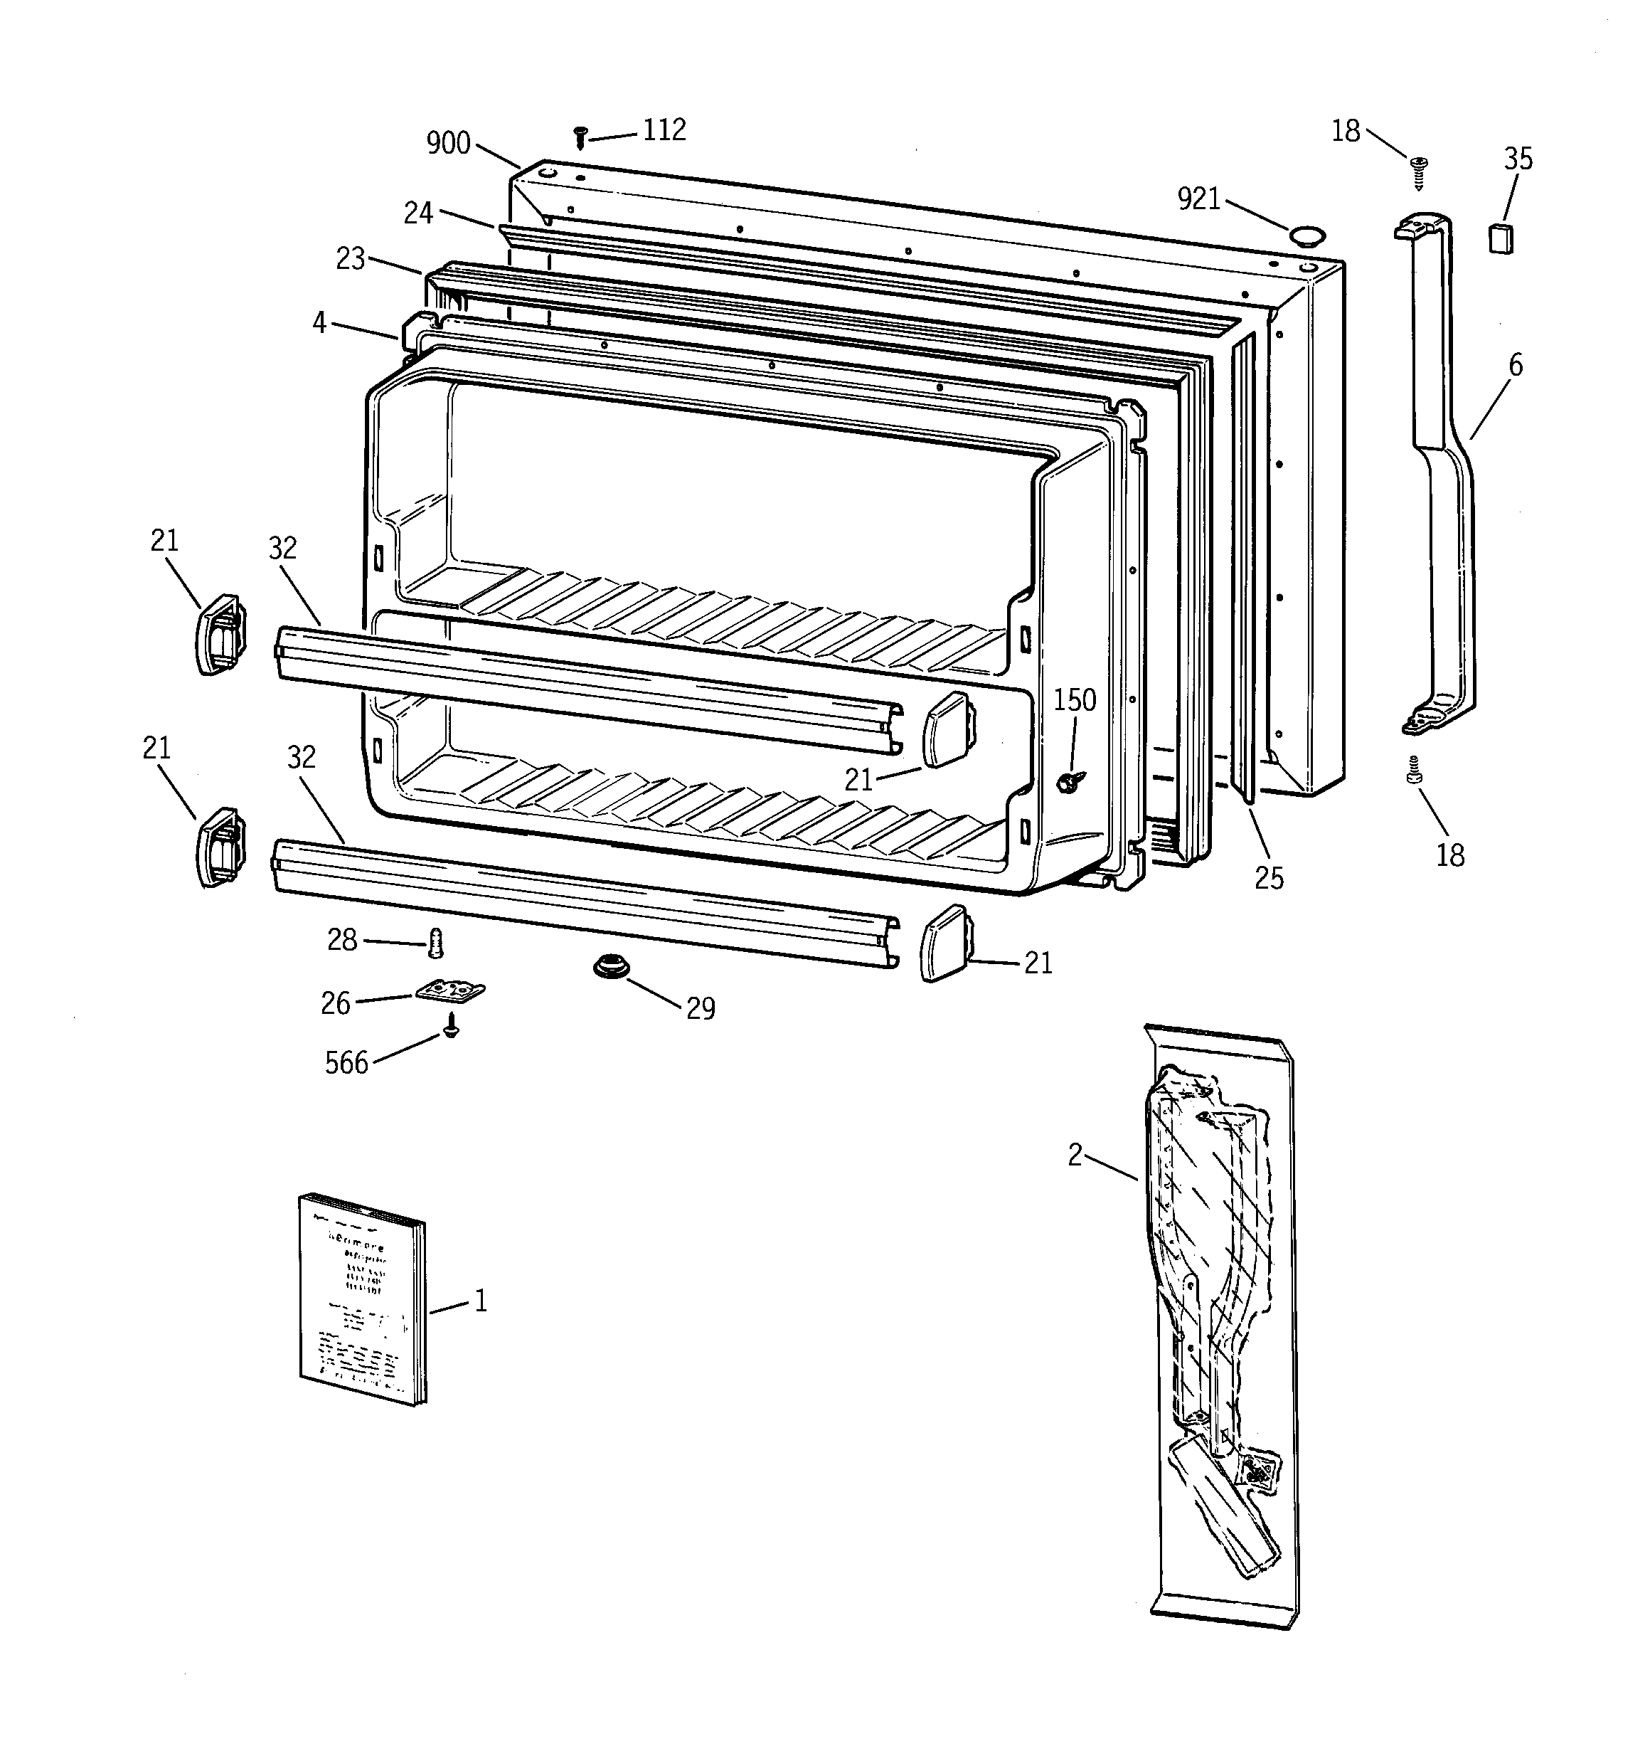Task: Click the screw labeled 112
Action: [x=581, y=137]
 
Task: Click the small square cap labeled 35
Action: [x=1499, y=238]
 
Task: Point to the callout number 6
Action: [x=1516, y=365]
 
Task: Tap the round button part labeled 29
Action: [x=610, y=966]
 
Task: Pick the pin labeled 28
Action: [x=435, y=943]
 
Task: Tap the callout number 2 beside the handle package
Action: [x=1075, y=1155]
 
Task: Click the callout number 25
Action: [x=1268, y=878]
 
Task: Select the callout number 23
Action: [x=351, y=259]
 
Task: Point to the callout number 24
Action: [x=418, y=213]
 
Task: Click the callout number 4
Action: [x=320, y=322]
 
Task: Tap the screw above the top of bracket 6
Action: [x=1419, y=170]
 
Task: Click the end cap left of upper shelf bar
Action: [x=219, y=634]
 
